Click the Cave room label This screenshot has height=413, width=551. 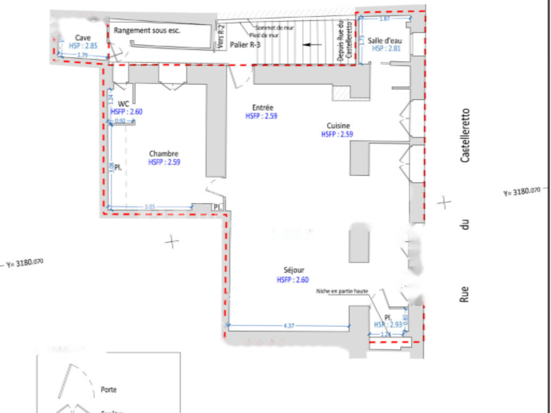click(83, 38)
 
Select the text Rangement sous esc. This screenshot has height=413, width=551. click(147, 31)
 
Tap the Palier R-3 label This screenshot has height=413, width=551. click(245, 45)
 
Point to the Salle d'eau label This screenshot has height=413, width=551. click(385, 40)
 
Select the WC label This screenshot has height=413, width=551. click(124, 104)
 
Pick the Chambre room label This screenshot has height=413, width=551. click(164, 154)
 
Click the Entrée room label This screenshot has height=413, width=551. click(263, 108)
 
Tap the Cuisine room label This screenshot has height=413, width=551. click(337, 126)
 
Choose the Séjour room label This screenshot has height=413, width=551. click(294, 271)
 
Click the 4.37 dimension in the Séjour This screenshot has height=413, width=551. click(289, 326)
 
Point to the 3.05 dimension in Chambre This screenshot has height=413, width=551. click(151, 206)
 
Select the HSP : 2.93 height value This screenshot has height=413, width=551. click(387, 325)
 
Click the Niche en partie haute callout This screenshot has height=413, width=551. click(342, 291)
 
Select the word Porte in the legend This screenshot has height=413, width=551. click(108, 389)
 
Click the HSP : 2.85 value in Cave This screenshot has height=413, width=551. click(83, 46)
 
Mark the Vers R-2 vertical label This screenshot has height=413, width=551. click(221, 39)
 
